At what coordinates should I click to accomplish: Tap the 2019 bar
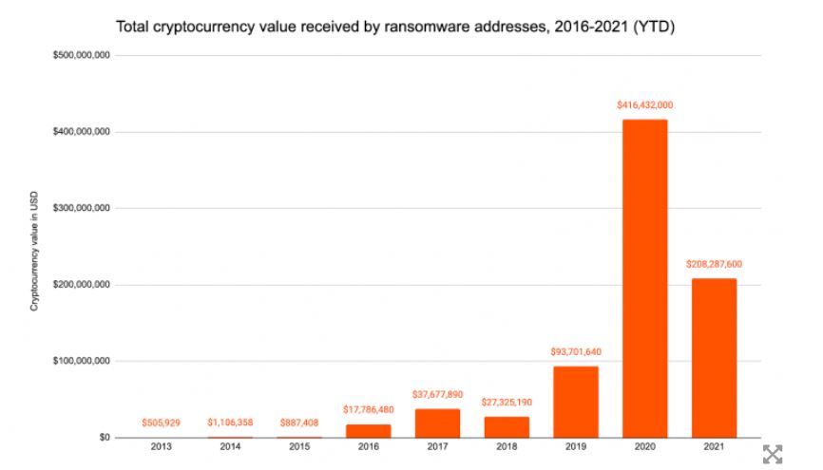[x=575, y=402]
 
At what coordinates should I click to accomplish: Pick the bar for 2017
[x=437, y=423]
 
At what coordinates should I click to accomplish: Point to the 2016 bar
[x=368, y=431]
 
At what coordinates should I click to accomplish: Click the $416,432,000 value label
[x=644, y=105]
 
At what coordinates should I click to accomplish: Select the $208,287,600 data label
[x=714, y=264]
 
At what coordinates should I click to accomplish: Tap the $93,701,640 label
[x=575, y=352]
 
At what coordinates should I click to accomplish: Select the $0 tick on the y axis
[x=104, y=438]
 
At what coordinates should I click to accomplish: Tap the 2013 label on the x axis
[x=161, y=446]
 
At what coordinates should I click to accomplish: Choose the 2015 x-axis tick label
[x=298, y=446]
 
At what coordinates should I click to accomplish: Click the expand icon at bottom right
[x=774, y=454]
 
